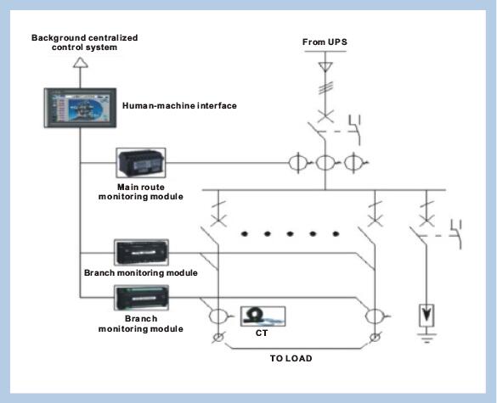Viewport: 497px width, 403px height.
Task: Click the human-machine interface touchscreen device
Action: click(x=80, y=108)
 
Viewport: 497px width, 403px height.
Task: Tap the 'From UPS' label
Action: click(x=325, y=42)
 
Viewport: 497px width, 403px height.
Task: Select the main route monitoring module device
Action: click(x=141, y=163)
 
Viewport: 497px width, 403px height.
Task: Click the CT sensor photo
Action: click(x=263, y=316)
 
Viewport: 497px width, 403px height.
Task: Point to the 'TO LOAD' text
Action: click(x=291, y=358)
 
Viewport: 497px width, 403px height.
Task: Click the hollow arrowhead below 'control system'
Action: click(x=81, y=63)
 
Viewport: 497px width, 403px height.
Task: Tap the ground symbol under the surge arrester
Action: click(x=426, y=338)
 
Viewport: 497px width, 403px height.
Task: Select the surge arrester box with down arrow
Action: click(x=426, y=316)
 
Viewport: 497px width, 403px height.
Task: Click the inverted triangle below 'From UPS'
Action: click(x=325, y=67)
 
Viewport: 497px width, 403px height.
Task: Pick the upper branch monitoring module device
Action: click(x=141, y=253)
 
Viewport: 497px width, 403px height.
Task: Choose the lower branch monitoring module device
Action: click(x=141, y=298)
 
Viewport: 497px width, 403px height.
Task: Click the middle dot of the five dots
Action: click(x=290, y=234)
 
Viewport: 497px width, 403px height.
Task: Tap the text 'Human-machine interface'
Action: click(x=179, y=105)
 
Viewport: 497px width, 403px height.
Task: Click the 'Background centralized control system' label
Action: click(x=85, y=42)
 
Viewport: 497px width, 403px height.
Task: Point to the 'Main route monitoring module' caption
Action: click(x=141, y=192)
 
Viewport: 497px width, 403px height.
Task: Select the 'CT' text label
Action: click(x=262, y=333)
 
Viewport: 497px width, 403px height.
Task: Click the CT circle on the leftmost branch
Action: click(x=218, y=316)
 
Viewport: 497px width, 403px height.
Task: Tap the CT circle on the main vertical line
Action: click(x=325, y=163)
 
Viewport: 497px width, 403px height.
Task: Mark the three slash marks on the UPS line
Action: click(x=325, y=87)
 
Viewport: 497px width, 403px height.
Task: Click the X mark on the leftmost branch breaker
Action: click(x=218, y=220)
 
